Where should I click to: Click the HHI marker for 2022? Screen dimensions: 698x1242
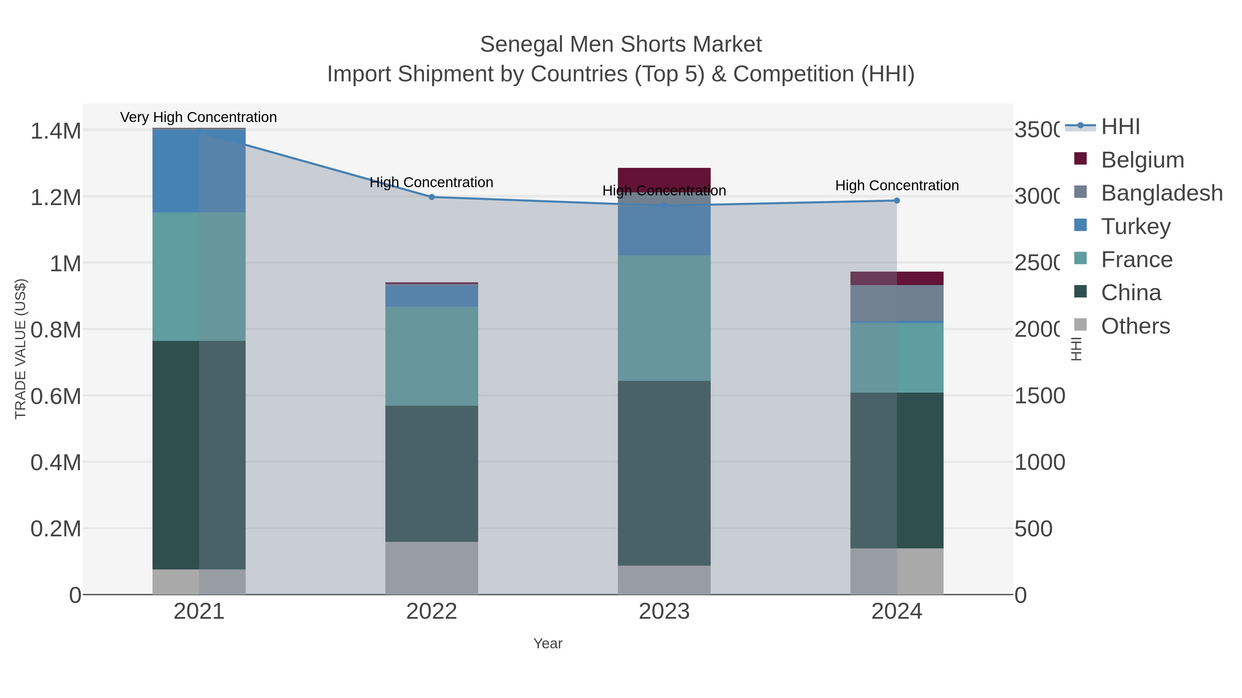432,197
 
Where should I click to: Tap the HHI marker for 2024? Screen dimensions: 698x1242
896,200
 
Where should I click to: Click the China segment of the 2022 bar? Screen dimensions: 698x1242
432,474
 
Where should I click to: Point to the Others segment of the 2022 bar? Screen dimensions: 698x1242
432,568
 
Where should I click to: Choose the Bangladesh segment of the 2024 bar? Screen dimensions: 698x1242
896,303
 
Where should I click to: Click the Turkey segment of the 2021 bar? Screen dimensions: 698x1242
199,171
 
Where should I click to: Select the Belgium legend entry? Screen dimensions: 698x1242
1142,160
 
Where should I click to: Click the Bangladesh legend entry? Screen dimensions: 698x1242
1161,193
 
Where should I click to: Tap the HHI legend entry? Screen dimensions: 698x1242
1120,127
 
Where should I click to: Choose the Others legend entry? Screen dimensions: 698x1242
1135,326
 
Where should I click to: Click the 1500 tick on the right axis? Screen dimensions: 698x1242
1039,396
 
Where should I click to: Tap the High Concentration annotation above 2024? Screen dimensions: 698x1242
896,185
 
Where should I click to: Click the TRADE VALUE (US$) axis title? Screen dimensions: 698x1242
20,349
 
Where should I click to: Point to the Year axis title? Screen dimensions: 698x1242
548,644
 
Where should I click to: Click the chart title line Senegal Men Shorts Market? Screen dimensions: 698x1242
621,44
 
